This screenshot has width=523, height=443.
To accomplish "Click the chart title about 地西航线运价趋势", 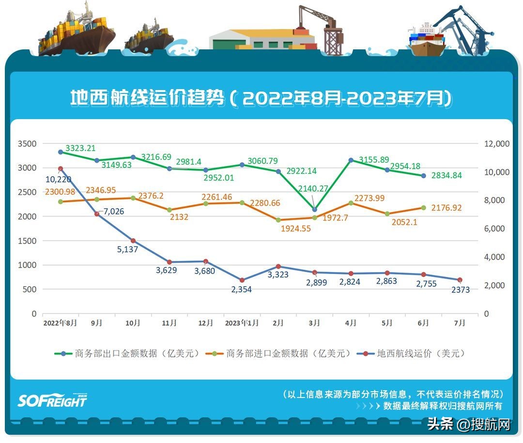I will click(x=261, y=98).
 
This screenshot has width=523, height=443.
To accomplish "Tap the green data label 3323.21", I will click(x=80, y=148).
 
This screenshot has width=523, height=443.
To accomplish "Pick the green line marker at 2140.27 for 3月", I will click(x=315, y=210).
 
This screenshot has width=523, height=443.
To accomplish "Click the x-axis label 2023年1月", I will click(x=242, y=323).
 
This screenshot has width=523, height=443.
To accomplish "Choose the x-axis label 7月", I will click(x=460, y=323).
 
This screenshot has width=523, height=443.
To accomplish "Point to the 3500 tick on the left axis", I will click(x=27, y=144).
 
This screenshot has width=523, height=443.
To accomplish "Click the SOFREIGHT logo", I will click(x=52, y=400).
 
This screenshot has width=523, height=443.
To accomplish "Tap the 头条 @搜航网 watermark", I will click(x=469, y=425).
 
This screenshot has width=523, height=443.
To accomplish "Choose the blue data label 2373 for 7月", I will click(x=460, y=290).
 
